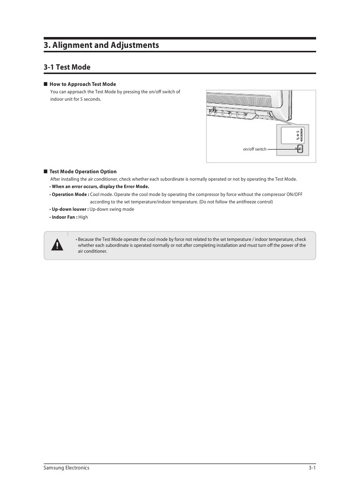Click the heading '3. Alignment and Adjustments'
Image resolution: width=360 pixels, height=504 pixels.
101,45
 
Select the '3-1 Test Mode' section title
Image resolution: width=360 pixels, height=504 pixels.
67,67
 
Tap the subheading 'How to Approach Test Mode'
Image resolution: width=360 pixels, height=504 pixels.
82,84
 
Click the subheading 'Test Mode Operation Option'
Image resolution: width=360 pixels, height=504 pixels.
83,172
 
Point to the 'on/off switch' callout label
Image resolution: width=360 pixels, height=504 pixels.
254,149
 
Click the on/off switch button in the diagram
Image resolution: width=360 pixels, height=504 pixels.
300,149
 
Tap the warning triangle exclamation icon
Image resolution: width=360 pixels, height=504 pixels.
59,245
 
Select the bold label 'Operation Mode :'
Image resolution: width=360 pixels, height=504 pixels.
70,194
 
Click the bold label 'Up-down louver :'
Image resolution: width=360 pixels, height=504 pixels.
70,209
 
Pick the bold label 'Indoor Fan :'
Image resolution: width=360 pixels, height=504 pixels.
65,217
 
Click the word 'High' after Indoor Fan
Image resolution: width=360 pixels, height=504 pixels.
83,217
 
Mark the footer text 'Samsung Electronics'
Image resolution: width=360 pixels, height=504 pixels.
67,468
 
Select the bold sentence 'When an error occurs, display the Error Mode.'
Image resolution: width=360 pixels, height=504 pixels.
100,187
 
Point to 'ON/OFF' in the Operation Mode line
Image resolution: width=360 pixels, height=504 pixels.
294,194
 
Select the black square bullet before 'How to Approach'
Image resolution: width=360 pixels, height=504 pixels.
45,84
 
